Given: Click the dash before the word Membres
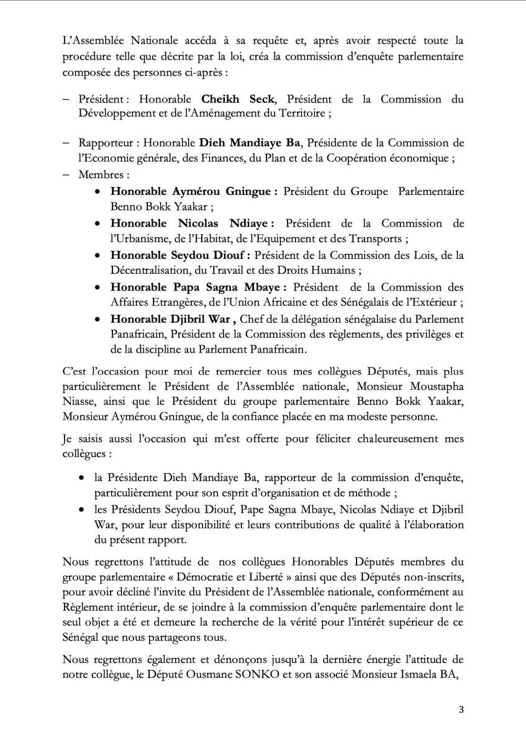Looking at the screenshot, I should click(65, 175).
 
